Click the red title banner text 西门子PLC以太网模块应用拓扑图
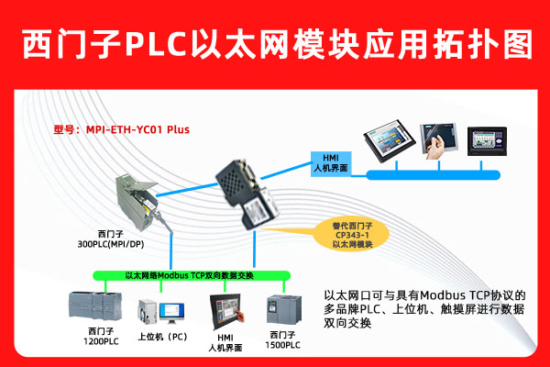275,42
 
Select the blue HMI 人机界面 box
328,161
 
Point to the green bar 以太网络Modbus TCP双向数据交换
188,275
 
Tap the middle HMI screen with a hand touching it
436,139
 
